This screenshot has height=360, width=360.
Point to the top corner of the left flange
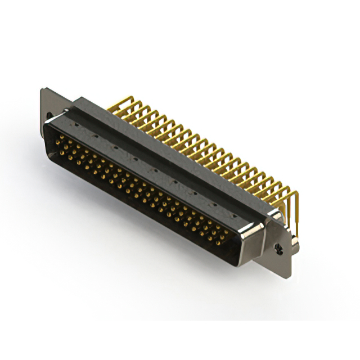[42, 88]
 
